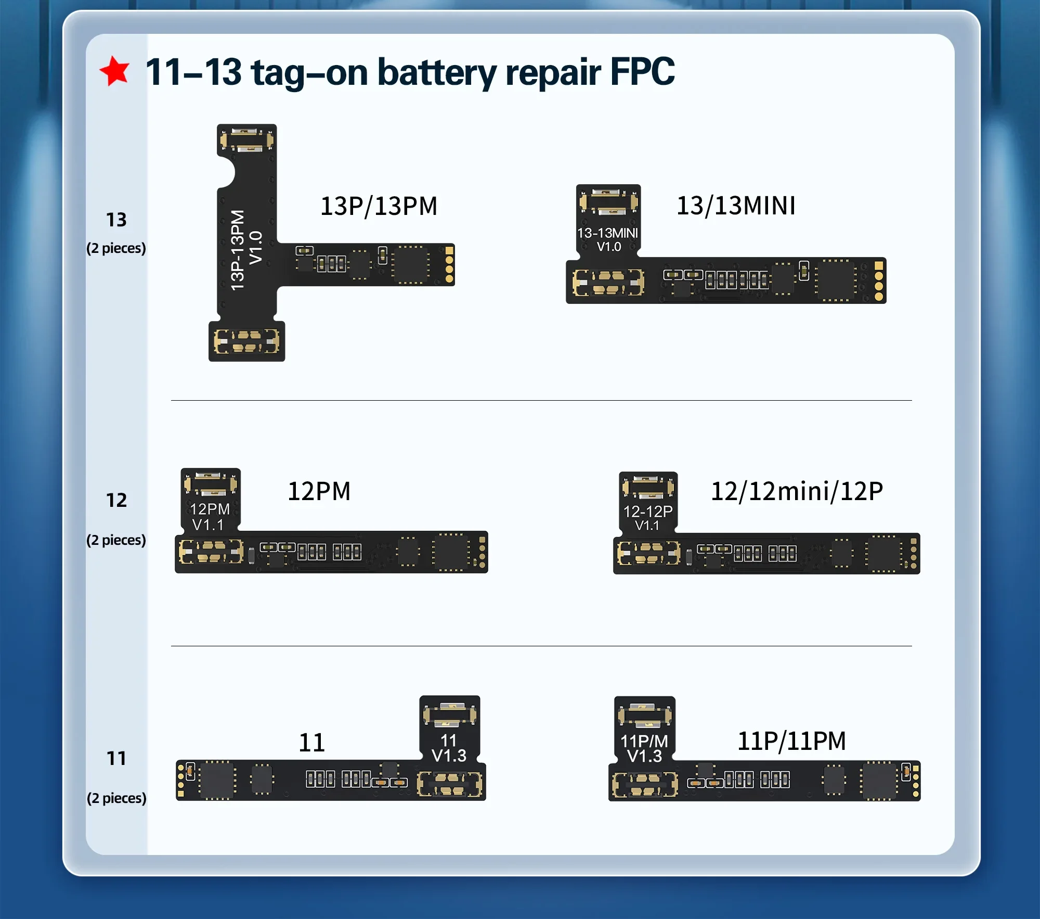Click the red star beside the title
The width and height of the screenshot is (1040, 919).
pyautogui.click(x=114, y=71)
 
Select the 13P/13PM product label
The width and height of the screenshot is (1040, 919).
pyautogui.click(x=379, y=206)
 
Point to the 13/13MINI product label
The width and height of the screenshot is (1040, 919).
pyautogui.click(x=736, y=206)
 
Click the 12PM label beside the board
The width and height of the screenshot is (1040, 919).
pyautogui.click(x=319, y=491)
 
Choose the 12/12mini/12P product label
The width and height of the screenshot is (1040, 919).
pyautogui.click(x=797, y=491)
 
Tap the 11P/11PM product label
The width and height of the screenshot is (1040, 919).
pyautogui.click(x=791, y=741)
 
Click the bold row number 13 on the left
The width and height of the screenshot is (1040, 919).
pyautogui.click(x=116, y=220)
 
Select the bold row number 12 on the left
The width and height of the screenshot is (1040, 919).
pyautogui.click(x=116, y=500)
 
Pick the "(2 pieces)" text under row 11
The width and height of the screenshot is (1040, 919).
pyautogui.click(x=116, y=798)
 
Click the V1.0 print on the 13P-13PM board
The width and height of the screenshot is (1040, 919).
pyautogui.click(x=256, y=248)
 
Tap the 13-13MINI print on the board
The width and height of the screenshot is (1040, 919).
pyautogui.click(x=607, y=233)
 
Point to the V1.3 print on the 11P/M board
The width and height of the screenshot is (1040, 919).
pyautogui.click(x=644, y=756)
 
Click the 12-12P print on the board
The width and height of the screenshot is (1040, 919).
pyautogui.click(x=647, y=512)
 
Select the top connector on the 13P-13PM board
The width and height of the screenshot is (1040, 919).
pyautogui.click(x=246, y=140)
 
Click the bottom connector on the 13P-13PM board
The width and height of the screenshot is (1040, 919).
pyautogui.click(x=246, y=341)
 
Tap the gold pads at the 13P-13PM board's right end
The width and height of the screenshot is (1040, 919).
pyautogui.click(x=449, y=265)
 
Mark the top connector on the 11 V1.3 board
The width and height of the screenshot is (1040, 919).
pyautogui.click(x=449, y=715)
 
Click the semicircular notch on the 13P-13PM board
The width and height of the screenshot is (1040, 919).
pyautogui.click(x=227, y=173)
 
